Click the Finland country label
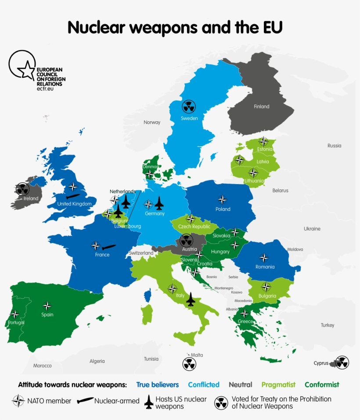pos(262,106)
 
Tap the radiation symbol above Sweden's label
pos(189,107)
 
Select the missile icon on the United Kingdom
pos(73,196)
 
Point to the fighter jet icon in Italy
pos(191,299)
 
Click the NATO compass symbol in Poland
pos(223,199)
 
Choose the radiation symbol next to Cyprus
pos(342,362)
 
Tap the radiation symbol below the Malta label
pos(189,364)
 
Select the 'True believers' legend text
pos(158,384)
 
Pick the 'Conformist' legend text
pos(322,384)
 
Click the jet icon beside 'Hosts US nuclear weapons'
pos(149,402)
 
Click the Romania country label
pos(265,267)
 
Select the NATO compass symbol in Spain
pos(47,306)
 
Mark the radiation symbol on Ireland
pos(22,189)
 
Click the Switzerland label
pos(141,253)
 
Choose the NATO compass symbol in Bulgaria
pos(266,287)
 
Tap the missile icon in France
pos(109,247)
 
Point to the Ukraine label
pos(312,228)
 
